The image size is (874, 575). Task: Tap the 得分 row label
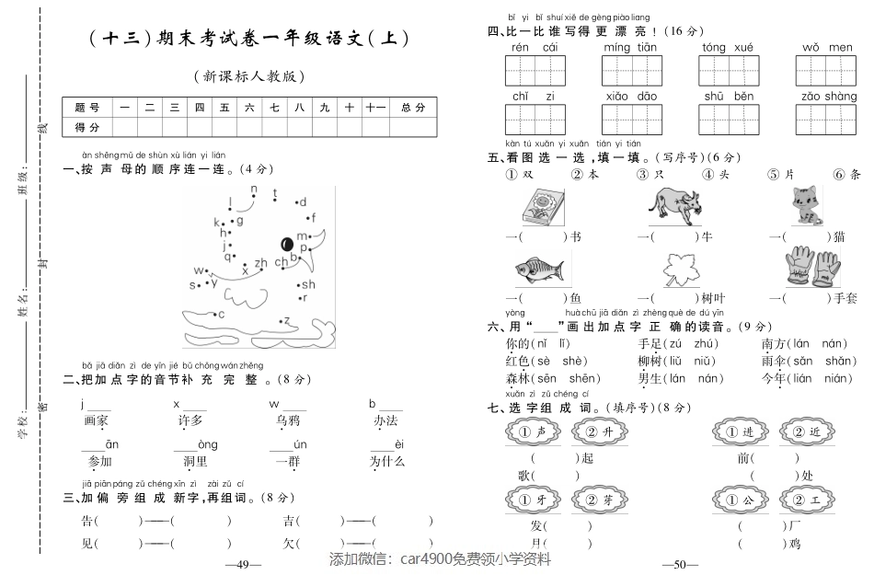pos(87,127)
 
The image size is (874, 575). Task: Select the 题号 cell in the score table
pos(87,108)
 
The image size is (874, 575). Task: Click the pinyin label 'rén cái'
pos(535,48)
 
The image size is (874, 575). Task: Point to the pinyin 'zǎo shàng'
pos(828,97)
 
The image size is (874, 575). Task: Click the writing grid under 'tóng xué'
pos(729,70)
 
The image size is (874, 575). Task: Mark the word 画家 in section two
pos(97,420)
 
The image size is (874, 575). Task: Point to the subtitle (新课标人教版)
pos(249,77)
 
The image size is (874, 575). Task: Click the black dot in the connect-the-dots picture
pos(287,244)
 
